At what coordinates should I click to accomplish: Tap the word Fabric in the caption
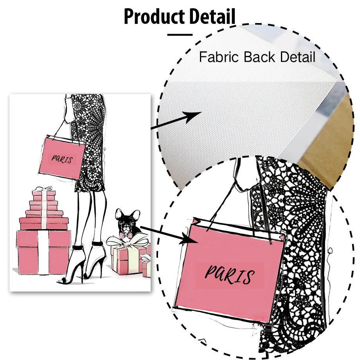[x=219, y=57]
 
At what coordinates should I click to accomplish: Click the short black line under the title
[x=180, y=34]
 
